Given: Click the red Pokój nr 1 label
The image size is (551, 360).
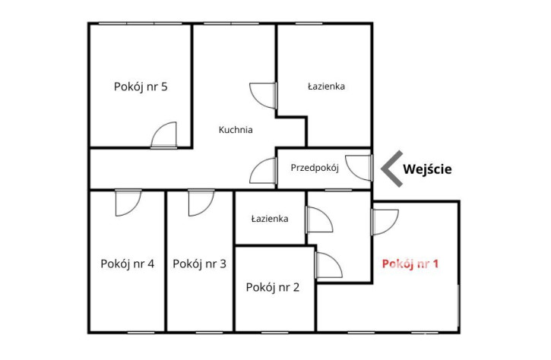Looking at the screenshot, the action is tap(410, 264).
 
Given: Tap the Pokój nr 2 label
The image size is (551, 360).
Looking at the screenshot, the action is tap(273, 287).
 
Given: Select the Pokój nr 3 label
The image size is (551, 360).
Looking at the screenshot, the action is tap(199, 264).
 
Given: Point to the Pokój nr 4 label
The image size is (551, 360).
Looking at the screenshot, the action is tap(127, 264).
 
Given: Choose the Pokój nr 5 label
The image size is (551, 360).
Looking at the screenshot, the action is tap(141, 87).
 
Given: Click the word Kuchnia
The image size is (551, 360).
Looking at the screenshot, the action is tap(236, 130).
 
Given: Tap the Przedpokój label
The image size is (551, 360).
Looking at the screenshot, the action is tap(315, 168).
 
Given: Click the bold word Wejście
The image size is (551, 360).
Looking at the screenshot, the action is tap(427, 169).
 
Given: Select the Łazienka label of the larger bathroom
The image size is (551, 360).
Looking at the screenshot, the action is tap(326, 87).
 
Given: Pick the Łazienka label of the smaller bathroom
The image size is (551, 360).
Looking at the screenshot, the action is tap(270, 219).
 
